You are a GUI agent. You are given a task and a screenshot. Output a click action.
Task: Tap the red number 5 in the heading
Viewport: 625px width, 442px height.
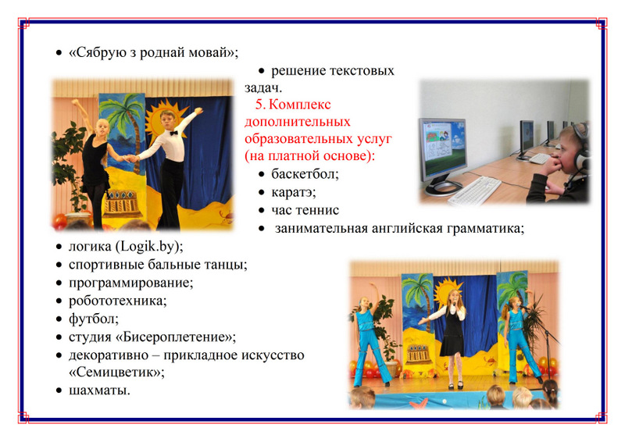point(259,105)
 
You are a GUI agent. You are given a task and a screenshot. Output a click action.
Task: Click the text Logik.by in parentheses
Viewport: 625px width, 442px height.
point(147,247)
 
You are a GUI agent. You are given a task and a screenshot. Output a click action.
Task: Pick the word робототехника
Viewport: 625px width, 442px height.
point(118,301)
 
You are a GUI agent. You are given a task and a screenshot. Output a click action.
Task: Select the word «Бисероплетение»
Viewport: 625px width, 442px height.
point(175,337)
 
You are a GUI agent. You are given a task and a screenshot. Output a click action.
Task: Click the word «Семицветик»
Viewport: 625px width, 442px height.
point(116,372)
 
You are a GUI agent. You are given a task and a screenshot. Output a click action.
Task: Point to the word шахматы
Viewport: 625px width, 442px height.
point(99,390)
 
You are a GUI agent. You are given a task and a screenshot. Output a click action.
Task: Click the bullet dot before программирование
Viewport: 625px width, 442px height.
point(59,283)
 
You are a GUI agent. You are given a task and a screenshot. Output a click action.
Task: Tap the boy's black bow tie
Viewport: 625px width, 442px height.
point(173,133)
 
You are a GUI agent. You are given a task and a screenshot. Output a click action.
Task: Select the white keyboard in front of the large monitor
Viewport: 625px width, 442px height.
point(474,191)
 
